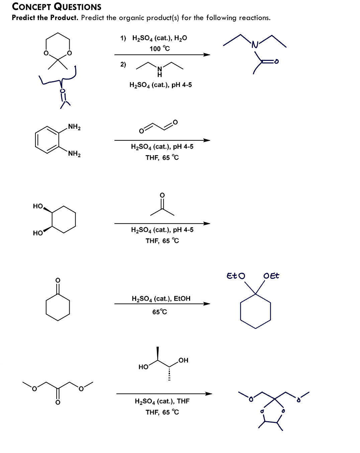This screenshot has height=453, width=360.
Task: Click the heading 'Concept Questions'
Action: coord(57,7)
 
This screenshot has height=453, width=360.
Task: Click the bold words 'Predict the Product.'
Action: coord(45,18)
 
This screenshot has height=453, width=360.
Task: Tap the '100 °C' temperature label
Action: coord(160,49)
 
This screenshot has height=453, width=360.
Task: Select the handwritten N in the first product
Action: coord(255,45)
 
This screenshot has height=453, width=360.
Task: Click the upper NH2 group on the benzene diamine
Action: coord(74,127)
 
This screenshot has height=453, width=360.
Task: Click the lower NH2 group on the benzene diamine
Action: coord(74,154)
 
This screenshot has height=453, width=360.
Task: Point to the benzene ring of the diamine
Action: coord(47,140)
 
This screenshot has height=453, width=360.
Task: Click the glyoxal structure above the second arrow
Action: coord(159,126)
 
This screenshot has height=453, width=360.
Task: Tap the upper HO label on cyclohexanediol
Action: coord(38,206)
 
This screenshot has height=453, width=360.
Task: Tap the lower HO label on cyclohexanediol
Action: coord(38,233)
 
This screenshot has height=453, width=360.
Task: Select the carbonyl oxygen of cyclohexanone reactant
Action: coord(58,280)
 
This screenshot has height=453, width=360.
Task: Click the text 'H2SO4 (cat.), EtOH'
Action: coord(161,299)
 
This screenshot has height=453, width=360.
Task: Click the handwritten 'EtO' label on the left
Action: coord(236,276)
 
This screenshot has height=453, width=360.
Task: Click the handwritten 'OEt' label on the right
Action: coord(271,276)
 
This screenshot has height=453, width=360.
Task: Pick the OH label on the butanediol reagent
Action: coord(183,360)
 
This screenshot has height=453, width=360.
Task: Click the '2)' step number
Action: coord(123,64)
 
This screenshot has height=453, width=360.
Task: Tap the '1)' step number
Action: coord(123,38)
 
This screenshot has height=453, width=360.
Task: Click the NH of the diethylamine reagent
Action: coord(160,72)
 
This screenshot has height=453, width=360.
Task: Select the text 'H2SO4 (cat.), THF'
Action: coord(162,401)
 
